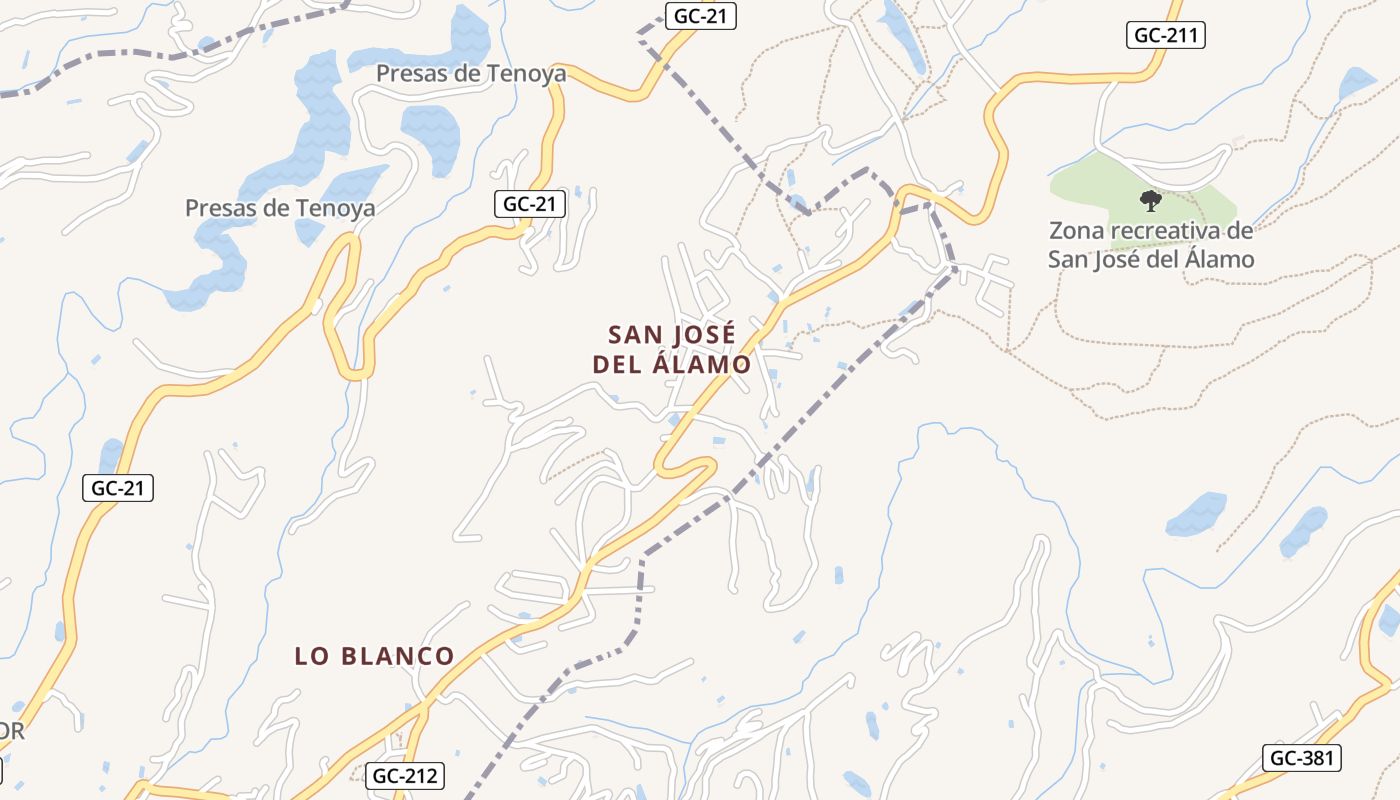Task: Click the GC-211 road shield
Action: [1166, 36]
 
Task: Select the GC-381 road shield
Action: [1300, 758]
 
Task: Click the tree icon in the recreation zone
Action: [1151, 201]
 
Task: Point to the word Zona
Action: [1077, 231]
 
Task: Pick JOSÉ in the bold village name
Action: [703, 333]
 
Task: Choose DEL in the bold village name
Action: [617, 365]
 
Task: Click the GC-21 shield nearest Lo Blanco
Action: [118, 488]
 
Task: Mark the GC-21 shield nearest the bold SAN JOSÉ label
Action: [530, 204]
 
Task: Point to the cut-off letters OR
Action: [10, 731]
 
